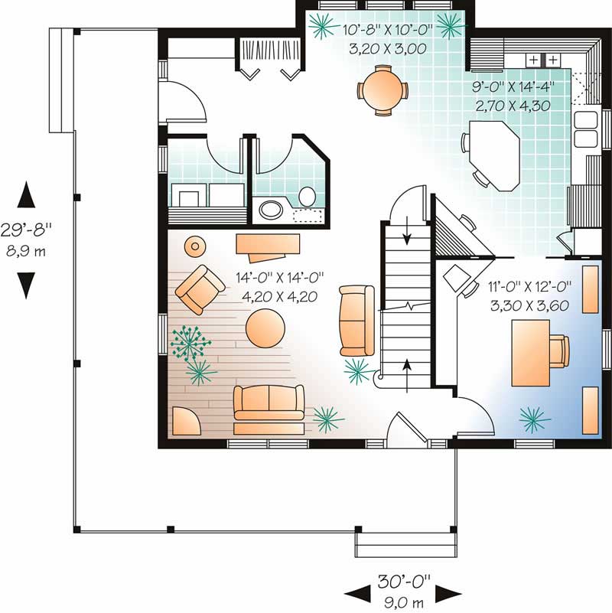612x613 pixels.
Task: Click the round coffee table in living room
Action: coord(265,328)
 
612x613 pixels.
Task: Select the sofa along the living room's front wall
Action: coord(268,403)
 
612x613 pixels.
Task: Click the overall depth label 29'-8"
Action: coord(27,227)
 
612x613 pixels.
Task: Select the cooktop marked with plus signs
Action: coord(542,60)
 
